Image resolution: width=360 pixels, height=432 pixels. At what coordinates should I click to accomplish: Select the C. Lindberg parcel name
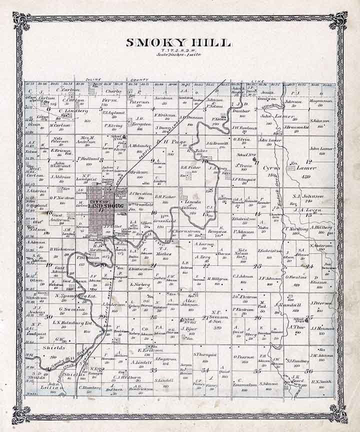73,110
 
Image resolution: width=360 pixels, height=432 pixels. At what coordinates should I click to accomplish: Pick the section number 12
308,161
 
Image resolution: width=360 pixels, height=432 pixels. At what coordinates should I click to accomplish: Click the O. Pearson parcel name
243,357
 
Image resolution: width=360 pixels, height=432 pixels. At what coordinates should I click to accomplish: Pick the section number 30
48,316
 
